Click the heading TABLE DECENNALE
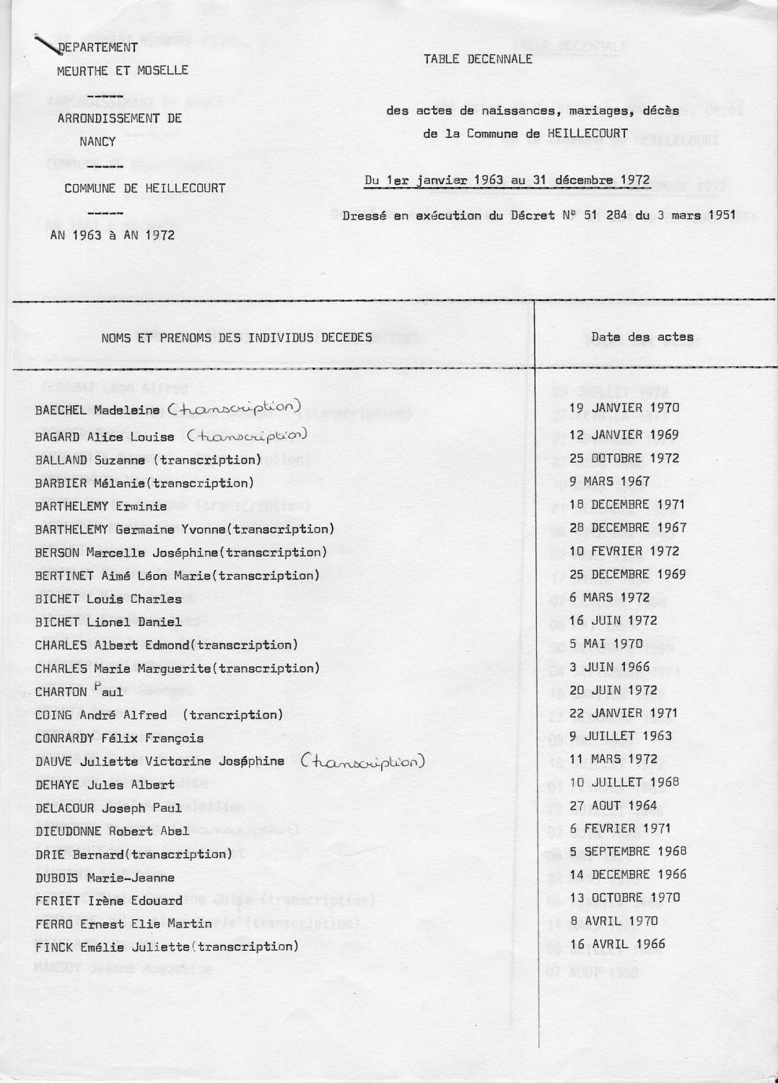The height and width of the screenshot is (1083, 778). (478, 59)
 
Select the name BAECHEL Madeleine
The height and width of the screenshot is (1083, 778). (97, 410)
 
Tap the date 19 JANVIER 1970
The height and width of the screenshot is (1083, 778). (624, 408)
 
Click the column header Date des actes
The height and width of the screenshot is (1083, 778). (642, 336)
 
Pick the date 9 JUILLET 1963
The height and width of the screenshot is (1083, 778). (621, 736)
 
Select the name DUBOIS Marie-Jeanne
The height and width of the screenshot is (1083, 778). (105, 878)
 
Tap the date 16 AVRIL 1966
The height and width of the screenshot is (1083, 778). (617, 944)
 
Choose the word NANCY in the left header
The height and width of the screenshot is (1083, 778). (97, 142)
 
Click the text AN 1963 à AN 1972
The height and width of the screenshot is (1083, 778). (112, 235)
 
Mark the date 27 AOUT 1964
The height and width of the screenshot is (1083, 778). (613, 806)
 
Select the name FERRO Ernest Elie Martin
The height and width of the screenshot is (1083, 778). (123, 924)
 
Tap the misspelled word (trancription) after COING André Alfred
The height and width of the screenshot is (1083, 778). (232, 716)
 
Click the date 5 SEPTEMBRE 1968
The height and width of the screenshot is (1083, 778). (628, 851)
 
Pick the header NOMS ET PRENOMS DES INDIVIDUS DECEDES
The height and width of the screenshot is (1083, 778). (237, 337)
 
